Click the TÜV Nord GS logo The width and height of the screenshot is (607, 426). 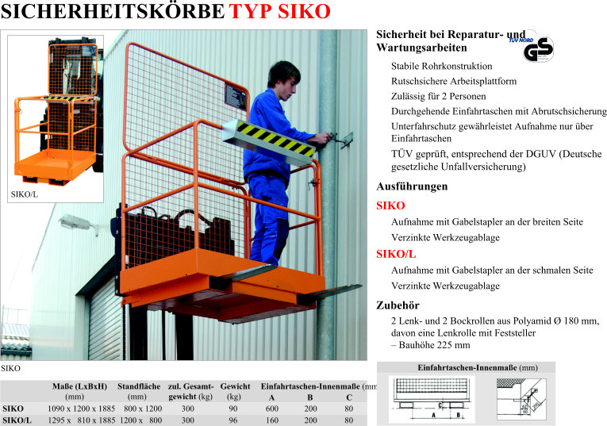click(x=540, y=48)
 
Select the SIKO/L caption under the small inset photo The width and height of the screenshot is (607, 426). click(x=24, y=194)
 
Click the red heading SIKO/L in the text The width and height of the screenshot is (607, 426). click(x=395, y=255)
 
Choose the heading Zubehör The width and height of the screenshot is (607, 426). click(x=398, y=305)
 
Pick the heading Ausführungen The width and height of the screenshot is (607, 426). click(x=411, y=186)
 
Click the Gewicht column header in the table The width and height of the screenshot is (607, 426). click(x=235, y=386)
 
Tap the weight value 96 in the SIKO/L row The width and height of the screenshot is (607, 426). click(x=233, y=420)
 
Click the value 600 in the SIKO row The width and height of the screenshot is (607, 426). click(x=271, y=408)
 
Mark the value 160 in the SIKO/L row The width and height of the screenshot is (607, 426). click(x=271, y=420)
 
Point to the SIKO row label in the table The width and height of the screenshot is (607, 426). click(x=13, y=408)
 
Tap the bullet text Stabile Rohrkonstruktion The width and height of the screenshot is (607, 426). click(x=441, y=66)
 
